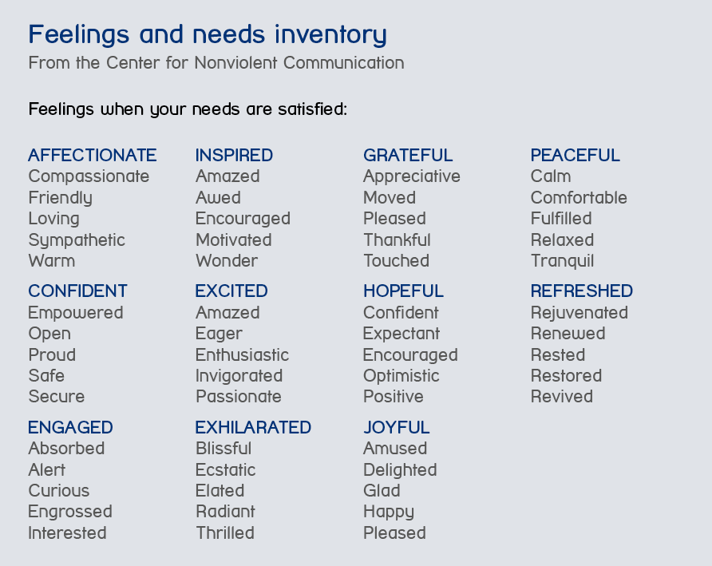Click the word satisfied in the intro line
pyautogui.click(x=312, y=109)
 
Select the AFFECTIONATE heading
pyautogui.click(x=92, y=156)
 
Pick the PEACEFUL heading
pyautogui.click(x=575, y=156)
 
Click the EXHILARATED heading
pyautogui.click(x=253, y=427)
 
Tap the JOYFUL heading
pyautogui.click(x=397, y=427)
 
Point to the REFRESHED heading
pyautogui.click(x=582, y=291)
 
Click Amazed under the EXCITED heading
pyautogui.click(x=228, y=312)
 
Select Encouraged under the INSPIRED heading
pyautogui.click(x=243, y=219)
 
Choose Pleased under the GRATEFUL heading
pyautogui.click(x=394, y=219)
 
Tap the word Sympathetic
pyautogui.click(x=77, y=240)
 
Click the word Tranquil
pyautogui.click(x=562, y=261)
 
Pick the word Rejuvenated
pyautogui.click(x=579, y=313)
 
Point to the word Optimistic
pyautogui.click(x=401, y=376)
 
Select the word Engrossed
pyautogui.click(x=70, y=512)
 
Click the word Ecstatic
pyautogui.click(x=226, y=469)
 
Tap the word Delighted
pyautogui.click(x=400, y=470)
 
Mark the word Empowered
pyautogui.click(x=76, y=313)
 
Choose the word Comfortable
pyautogui.click(x=579, y=198)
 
